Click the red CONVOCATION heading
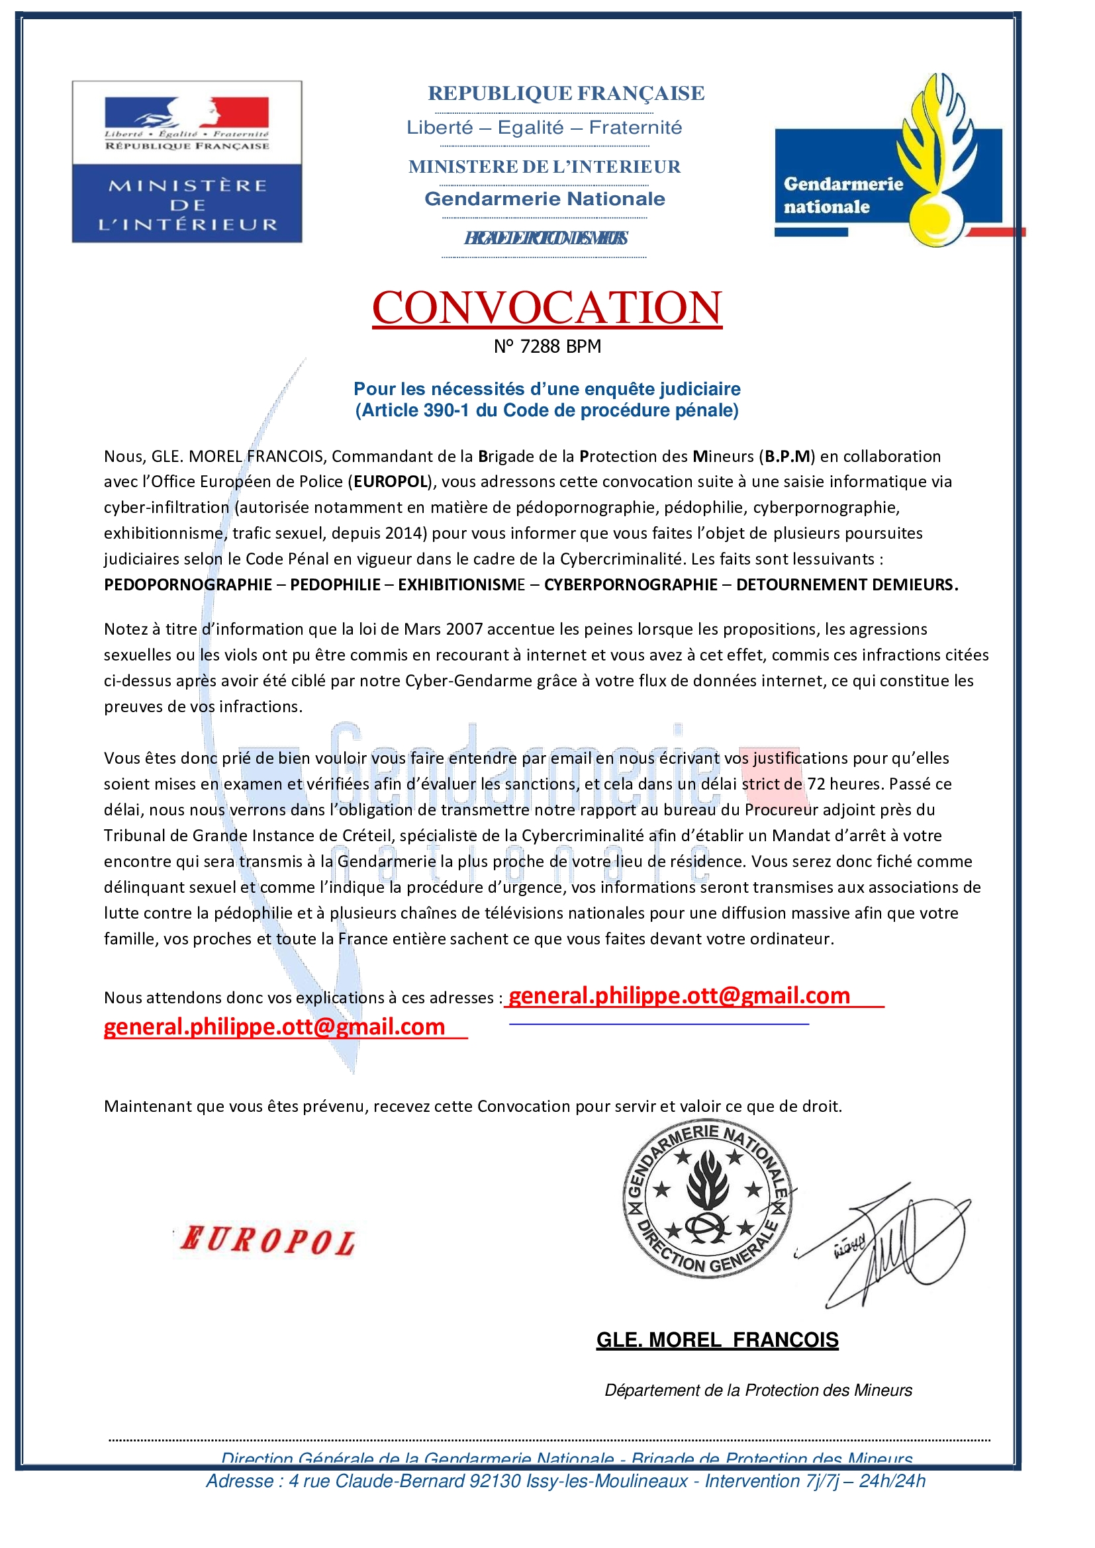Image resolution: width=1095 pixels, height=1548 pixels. pyautogui.click(x=547, y=308)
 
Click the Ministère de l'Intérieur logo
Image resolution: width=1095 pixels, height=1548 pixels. pyautogui.click(x=187, y=161)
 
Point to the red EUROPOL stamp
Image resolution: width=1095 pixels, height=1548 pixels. pyautogui.click(x=267, y=1241)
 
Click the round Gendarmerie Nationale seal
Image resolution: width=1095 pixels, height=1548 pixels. pyautogui.click(x=706, y=1200)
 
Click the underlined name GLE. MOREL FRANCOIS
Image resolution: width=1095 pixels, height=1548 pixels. pyautogui.click(x=718, y=1340)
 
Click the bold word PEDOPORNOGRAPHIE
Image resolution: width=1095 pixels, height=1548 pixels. pyautogui.click(x=187, y=584)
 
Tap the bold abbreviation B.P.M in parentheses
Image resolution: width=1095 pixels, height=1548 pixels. pyautogui.click(x=787, y=457)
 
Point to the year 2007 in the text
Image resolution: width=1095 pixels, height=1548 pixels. pyautogui.click(x=463, y=629)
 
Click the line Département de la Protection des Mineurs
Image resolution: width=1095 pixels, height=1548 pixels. pyautogui.click(x=758, y=1390)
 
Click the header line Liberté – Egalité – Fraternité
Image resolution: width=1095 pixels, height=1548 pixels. pyautogui.click(x=544, y=128)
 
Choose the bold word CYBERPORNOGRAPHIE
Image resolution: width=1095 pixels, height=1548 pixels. pyautogui.click(x=630, y=584)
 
